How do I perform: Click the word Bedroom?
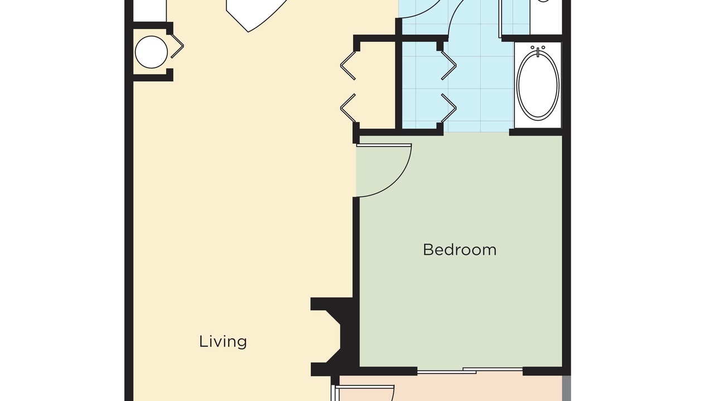click(x=460, y=250)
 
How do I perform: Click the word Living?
click(x=223, y=342)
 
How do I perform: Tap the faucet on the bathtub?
click(x=538, y=51)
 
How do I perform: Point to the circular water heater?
click(x=151, y=52)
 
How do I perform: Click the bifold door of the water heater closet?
click(x=177, y=46)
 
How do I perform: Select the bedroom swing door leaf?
click(x=384, y=145)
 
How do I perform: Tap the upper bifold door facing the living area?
click(x=348, y=65)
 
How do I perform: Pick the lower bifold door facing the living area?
click(x=348, y=108)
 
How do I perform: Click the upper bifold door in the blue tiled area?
click(x=449, y=65)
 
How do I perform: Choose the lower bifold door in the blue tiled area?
click(x=449, y=108)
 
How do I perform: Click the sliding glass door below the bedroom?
click(x=470, y=371)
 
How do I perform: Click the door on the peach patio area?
click(x=363, y=387)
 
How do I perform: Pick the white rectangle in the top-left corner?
click(x=149, y=11)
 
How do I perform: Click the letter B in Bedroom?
click(x=427, y=250)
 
